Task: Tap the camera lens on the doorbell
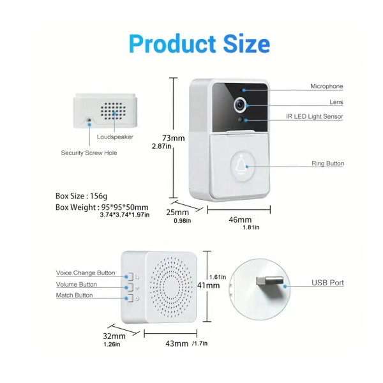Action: (240, 105)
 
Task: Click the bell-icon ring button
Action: (242, 166)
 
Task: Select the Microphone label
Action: (327, 86)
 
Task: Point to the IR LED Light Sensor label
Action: (315, 116)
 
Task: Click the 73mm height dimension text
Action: (174, 139)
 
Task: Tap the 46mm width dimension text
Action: (240, 220)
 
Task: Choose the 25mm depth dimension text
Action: (177, 213)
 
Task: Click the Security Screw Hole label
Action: (89, 153)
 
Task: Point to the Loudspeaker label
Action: (115, 137)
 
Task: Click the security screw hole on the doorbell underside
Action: (89, 120)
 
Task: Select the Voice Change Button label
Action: (86, 273)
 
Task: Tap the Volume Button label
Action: (77, 284)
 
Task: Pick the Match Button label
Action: (75, 296)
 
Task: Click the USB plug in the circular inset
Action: (269, 282)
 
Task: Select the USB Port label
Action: (327, 283)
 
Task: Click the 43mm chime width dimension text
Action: (177, 343)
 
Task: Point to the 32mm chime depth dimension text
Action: (114, 336)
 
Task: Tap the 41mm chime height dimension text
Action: (208, 285)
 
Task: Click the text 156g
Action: (99, 196)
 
